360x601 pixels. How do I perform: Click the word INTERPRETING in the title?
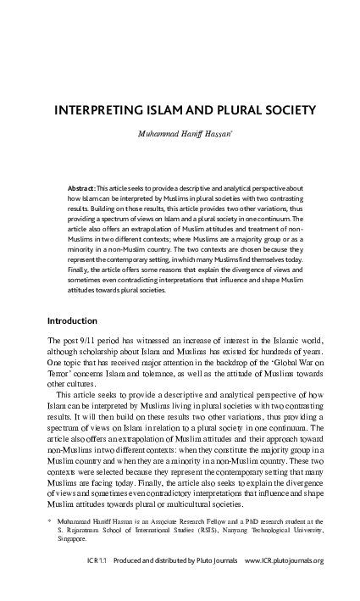point(101,111)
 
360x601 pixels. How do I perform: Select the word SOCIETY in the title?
point(291,111)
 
